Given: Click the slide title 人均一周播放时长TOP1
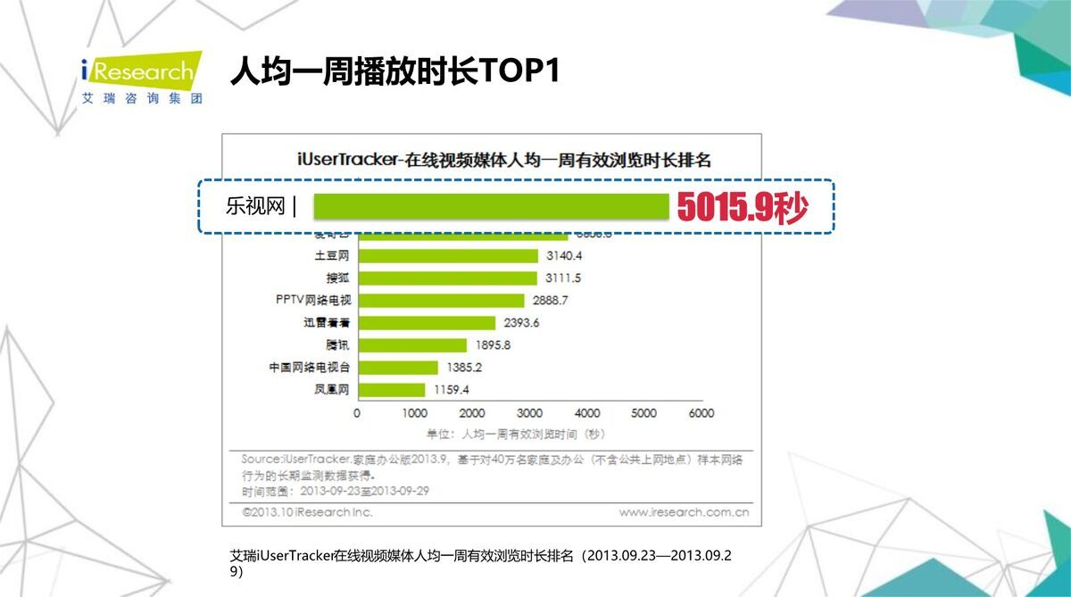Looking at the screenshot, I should (x=394, y=71).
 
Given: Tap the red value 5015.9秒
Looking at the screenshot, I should (x=743, y=208).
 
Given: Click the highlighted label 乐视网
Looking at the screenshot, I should (x=254, y=207).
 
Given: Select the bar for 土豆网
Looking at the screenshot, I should (x=447, y=256).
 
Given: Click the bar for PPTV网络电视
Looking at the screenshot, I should (x=440, y=301).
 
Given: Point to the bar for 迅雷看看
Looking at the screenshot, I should (x=426, y=323).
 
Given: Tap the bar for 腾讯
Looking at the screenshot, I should (x=411, y=345).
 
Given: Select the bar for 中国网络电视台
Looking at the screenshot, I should (x=397, y=368).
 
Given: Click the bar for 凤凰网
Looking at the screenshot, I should (x=391, y=390).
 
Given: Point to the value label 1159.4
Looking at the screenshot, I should (x=451, y=390).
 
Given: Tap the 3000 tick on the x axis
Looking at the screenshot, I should (x=529, y=413).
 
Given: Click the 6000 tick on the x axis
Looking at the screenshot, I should (x=702, y=413).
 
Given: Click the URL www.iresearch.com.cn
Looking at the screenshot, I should (x=684, y=512).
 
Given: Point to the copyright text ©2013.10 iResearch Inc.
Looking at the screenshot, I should (x=307, y=512).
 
